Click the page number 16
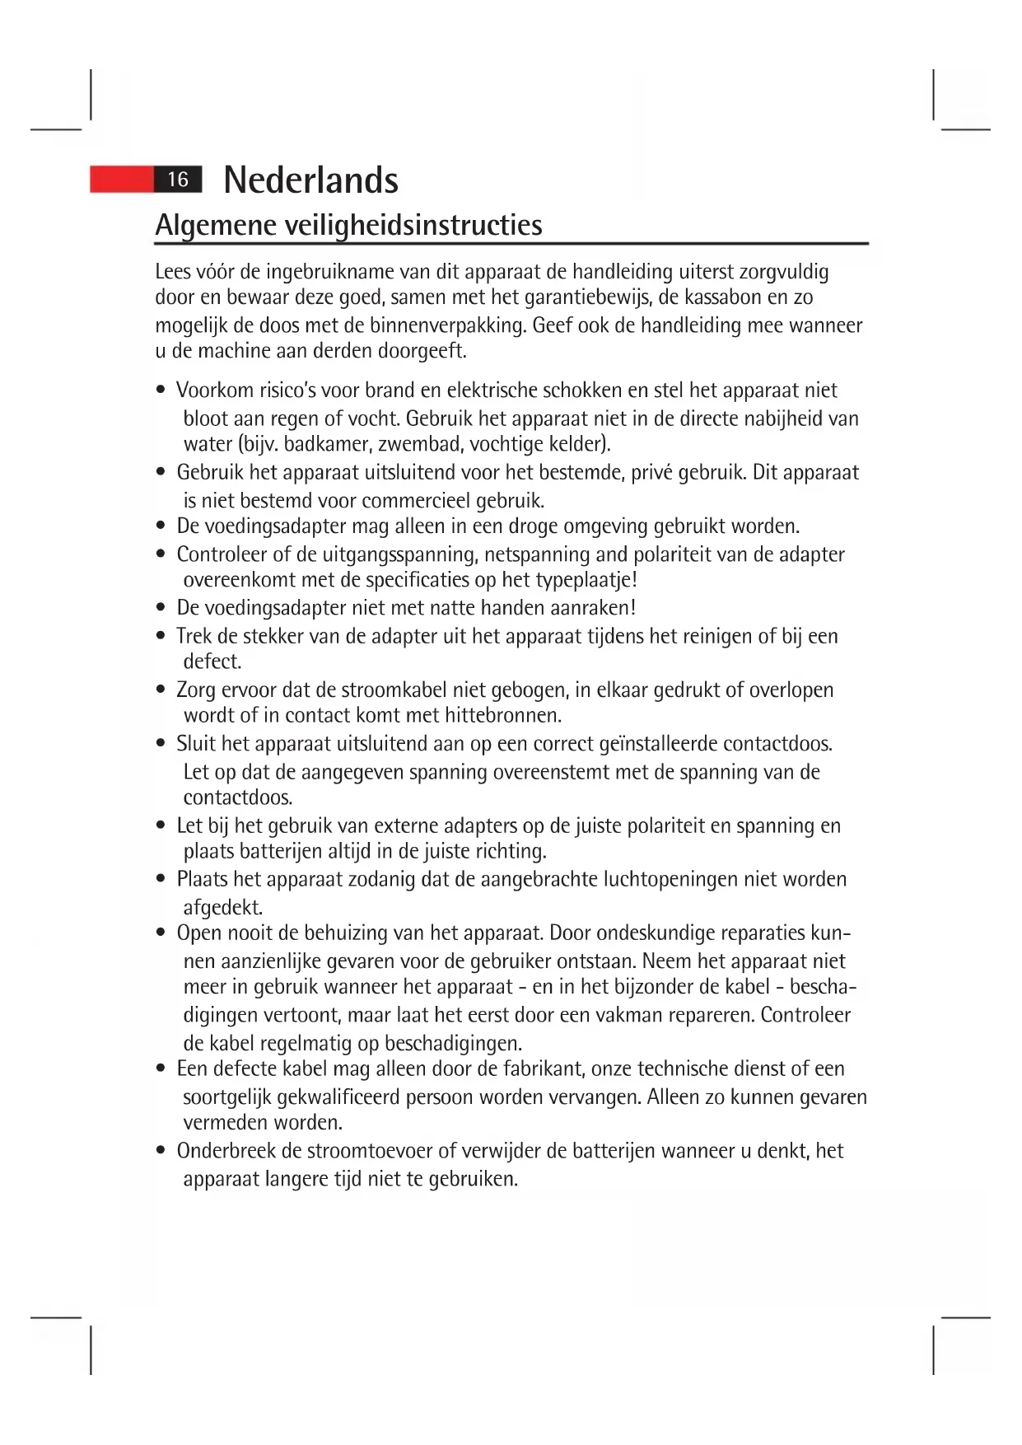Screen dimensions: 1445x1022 (178, 180)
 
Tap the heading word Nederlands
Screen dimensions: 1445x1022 (310, 180)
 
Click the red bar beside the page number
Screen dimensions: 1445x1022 (122, 180)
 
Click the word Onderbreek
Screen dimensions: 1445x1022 (227, 1151)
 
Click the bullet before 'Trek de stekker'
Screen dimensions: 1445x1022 (161, 637)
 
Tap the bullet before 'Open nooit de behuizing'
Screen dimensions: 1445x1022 (161, 933)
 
